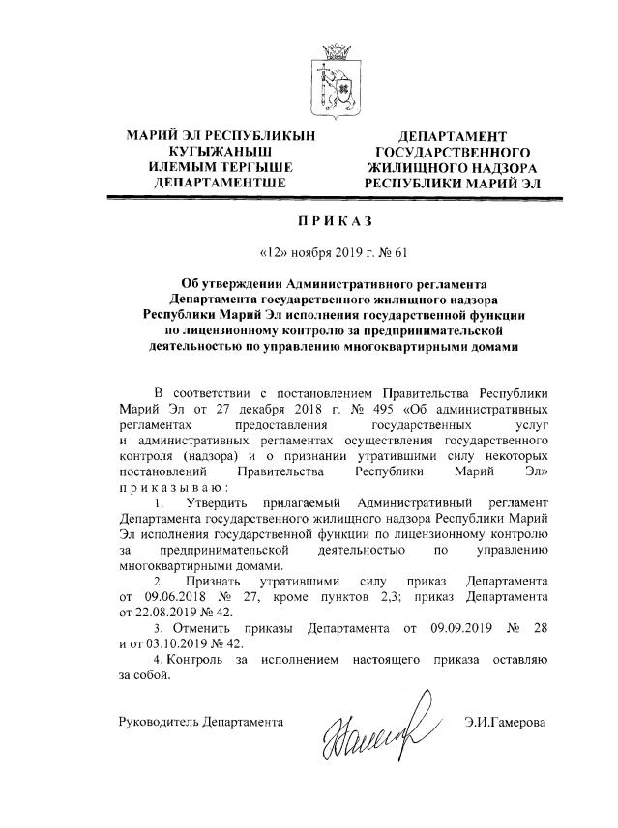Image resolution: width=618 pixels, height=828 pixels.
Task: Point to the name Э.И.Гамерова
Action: (x=505, y=721)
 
